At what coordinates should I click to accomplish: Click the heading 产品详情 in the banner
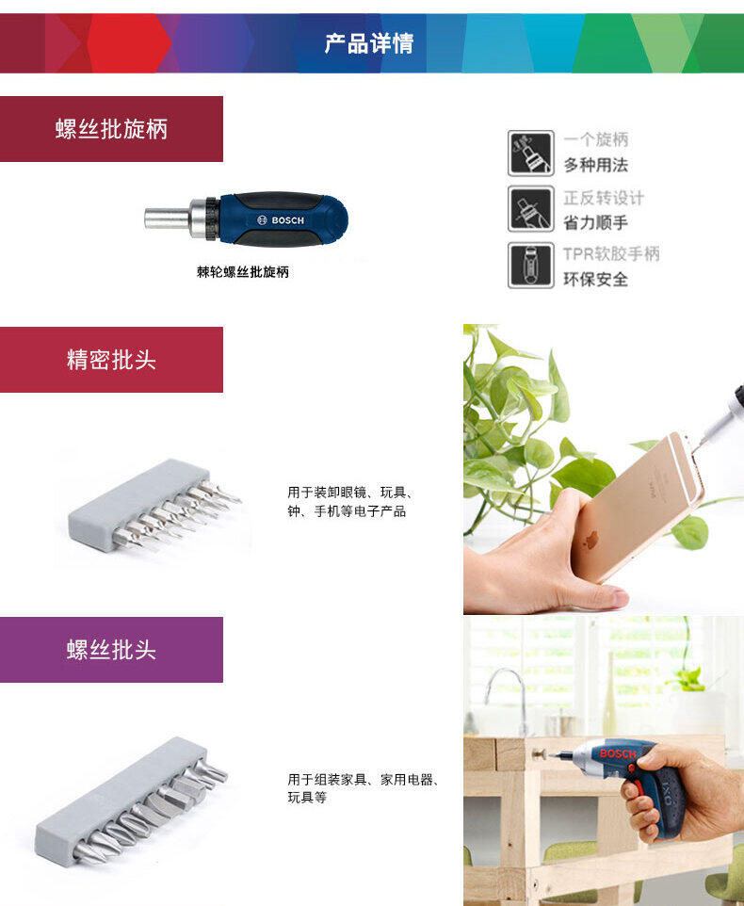pos(369,44)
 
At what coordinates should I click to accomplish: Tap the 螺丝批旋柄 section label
pos(111,129)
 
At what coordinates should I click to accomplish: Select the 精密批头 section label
pos(111,360)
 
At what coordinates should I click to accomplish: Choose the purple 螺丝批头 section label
pos(111,650)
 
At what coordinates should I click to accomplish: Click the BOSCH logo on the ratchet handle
pos(281,220)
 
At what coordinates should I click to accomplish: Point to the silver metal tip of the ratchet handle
pos(167,218)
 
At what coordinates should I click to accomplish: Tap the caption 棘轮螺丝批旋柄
pos(243,271)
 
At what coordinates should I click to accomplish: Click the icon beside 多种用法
pos(531,154)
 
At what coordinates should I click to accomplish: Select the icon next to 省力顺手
pos(531,208)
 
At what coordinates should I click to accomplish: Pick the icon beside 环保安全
pos(531,266)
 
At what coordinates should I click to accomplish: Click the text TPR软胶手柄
pos(611,253)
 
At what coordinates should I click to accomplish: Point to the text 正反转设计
pos(604,198)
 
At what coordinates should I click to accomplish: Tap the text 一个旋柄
pos(596,139)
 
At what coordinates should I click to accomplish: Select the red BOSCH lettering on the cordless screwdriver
pos(618,753)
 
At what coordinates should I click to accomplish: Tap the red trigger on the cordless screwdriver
pos(638,787)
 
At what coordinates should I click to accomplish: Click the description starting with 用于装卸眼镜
pos(350,502)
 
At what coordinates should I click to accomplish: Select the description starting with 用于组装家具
pos(364,788)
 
